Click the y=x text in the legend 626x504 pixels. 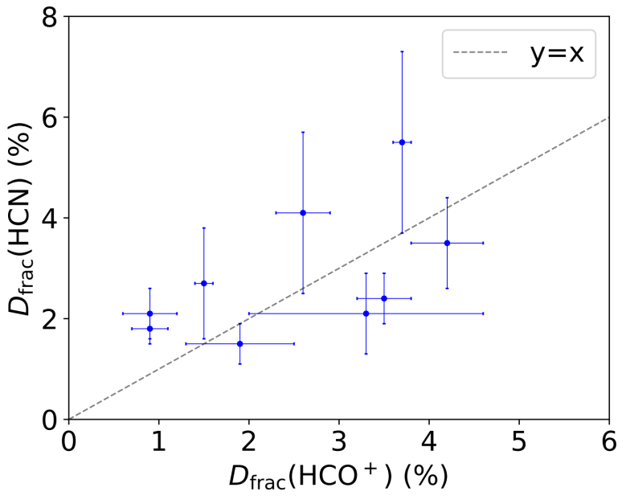(556, 54)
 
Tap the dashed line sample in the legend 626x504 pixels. (481, 54)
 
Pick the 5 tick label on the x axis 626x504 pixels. (519, 441)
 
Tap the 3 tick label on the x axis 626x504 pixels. (339, 441)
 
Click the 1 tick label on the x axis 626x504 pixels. (159, 441)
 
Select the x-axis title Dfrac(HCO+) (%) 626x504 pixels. (338, 476)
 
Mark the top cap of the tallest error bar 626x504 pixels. (402, 51)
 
